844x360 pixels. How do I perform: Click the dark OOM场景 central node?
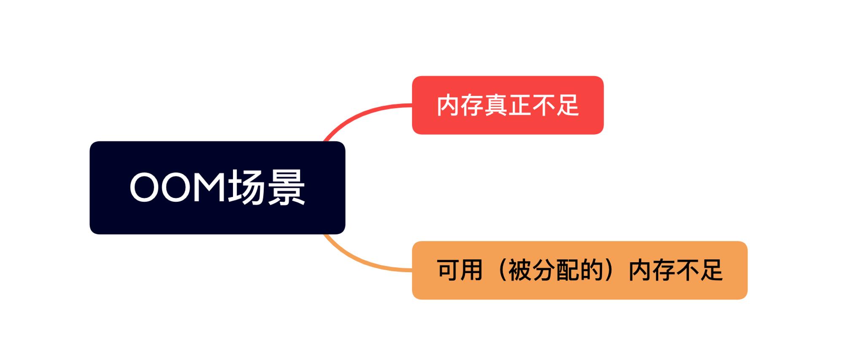point(217,187)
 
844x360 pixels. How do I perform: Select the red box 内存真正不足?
point(508,105)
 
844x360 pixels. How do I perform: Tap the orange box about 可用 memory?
point(579,270)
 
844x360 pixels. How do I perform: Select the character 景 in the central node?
point(286,187)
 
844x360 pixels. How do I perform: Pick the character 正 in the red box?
point(519,105)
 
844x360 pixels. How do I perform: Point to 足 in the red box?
point(567,105)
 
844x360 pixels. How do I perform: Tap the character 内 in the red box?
point(448,105)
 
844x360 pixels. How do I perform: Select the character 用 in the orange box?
point(471,270)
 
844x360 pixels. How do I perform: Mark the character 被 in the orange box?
point(519,270)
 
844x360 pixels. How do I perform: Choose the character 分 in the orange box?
point(544,270)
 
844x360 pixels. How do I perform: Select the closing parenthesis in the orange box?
point(609,270)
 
